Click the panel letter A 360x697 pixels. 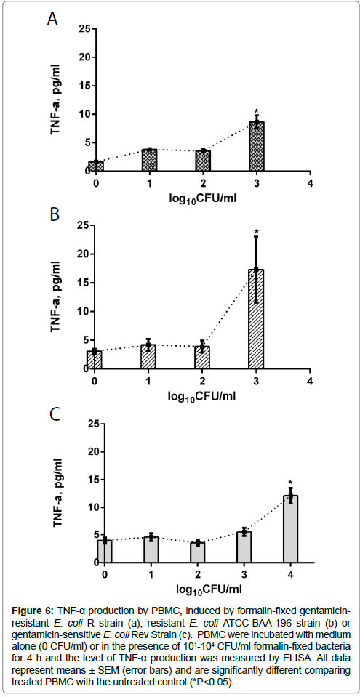point(53,20)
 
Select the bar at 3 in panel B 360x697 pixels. point(256,319)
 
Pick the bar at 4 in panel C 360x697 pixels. point(291,529)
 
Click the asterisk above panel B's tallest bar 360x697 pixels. point(256,232)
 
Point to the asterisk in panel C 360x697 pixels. point(291,483)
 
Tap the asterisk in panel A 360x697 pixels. point(256,111)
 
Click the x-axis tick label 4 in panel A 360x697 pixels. point(310,183)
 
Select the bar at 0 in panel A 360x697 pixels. point(96,166)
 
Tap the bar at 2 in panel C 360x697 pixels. point(198,552)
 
